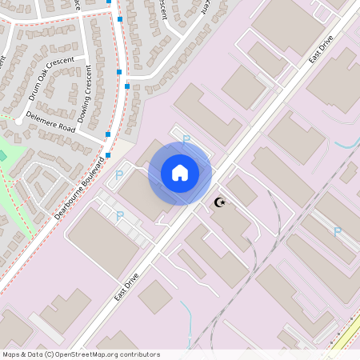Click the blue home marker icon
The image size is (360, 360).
click(x=180, y=173)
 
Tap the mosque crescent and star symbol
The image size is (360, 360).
click(x=220, y=202)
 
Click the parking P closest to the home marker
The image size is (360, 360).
click(x=186, y=139)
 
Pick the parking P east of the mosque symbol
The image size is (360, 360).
click(x=337, y=232)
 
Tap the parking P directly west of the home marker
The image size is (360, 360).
click(x=120, y=174)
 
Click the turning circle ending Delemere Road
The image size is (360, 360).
click(x=18, y=121)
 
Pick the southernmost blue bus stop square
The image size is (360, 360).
click(x=107, y=155)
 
